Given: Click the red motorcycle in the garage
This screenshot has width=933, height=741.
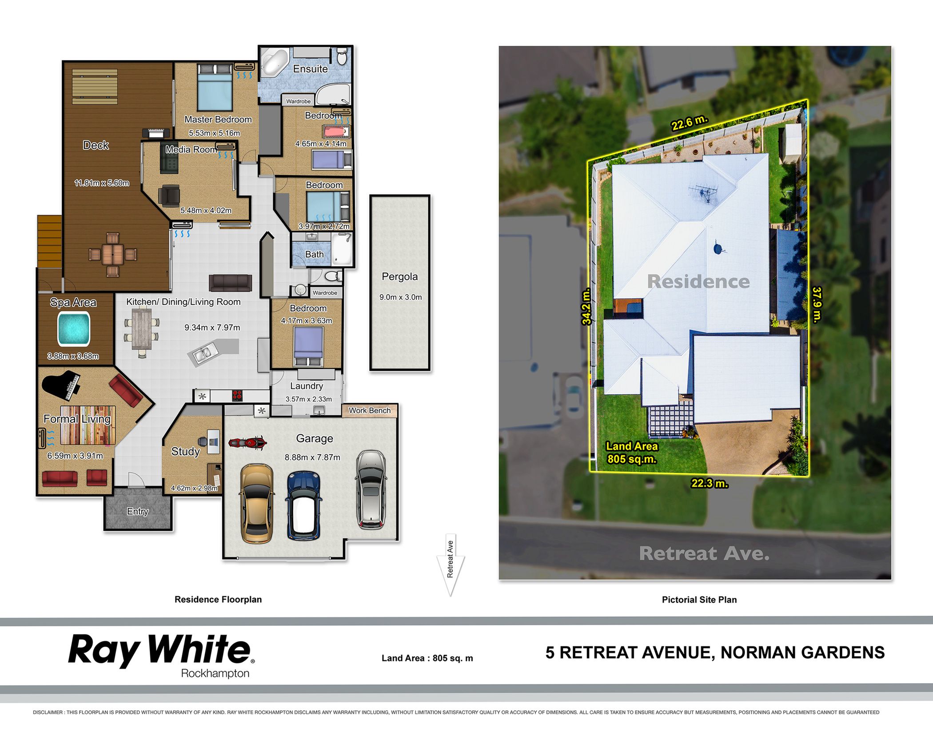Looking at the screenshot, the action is [247, 442].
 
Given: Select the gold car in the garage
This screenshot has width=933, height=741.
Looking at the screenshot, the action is [257, 503].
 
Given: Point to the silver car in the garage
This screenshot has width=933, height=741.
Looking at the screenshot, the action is [370, 489].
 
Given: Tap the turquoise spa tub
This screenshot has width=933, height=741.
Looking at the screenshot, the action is [74, 328].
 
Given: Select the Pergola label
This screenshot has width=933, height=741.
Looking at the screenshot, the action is [399, 276].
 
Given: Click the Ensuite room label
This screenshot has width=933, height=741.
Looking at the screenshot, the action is [310, 69].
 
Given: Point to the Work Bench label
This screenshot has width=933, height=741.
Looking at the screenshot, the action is [370, 410].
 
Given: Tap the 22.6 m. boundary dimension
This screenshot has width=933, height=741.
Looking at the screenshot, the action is [689, 123].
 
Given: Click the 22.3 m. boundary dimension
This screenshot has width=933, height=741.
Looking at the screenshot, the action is [709, 483].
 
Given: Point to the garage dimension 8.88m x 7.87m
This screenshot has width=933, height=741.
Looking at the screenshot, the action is [312, 457].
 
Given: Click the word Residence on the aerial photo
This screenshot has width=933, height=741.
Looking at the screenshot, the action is [698, 281].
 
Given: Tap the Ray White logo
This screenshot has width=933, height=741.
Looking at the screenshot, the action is [161, 655].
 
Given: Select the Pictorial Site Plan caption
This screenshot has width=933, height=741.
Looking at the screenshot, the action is [699, 600].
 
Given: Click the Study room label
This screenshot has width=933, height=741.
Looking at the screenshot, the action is [185, 451].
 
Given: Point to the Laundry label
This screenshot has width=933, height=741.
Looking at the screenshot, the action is [307, 386].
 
